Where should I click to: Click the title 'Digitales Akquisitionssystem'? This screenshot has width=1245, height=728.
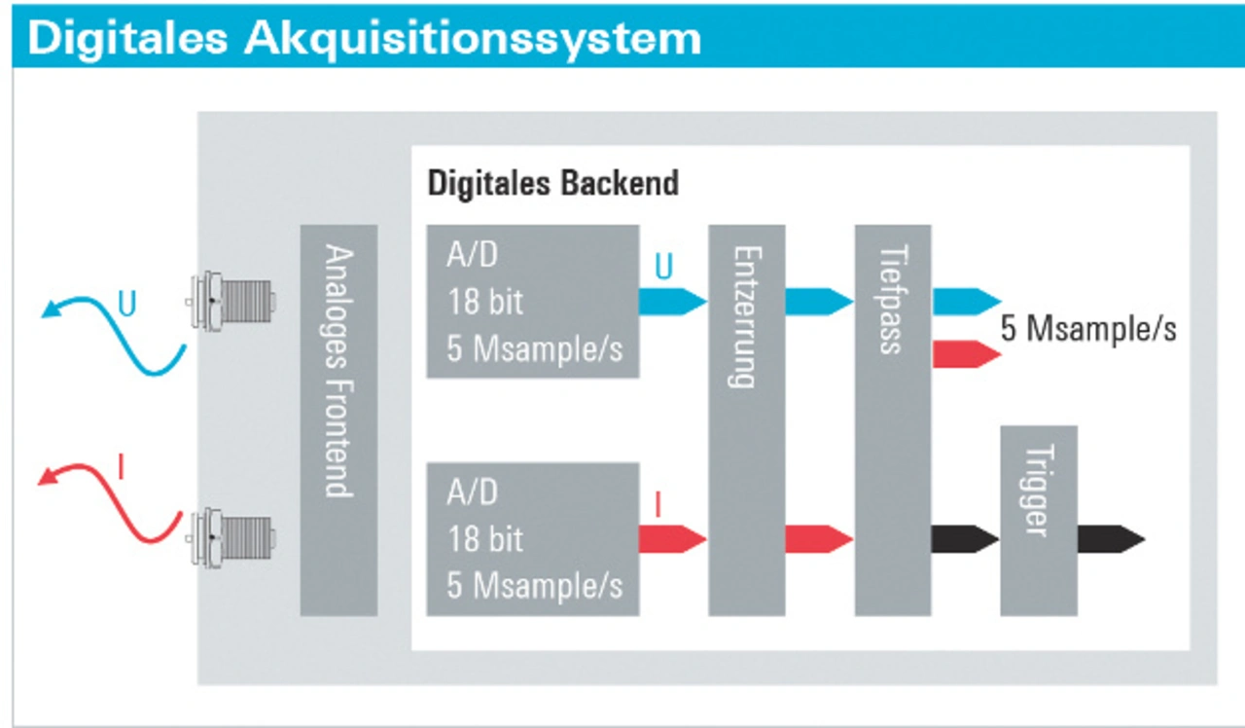click(x=364, y=38)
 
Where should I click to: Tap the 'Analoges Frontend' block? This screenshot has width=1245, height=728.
click(x=339, y=419)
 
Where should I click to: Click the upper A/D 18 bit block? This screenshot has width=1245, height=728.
click(x=533, y=302)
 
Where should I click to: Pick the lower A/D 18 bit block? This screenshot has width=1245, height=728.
click(x=533, y=539)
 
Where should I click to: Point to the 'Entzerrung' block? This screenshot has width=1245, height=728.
click(x=746, y=419)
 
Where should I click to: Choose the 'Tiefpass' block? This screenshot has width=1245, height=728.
click(x=893, y=419)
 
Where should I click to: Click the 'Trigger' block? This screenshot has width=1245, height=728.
click(x=1039, y=521)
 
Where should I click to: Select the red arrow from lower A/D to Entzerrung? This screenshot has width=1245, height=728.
click(x=673, y=539)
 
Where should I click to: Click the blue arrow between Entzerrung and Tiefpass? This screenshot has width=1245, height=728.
click(x=820, y=302)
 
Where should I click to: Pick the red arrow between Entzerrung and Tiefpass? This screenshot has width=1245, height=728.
click(x=820, y=539)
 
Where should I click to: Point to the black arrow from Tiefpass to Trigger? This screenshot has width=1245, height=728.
click(x=966, y=539)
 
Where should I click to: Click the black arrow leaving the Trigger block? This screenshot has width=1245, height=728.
click(x=1112, y=539)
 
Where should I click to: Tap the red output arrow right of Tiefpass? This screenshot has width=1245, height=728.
click(x=967, y=354)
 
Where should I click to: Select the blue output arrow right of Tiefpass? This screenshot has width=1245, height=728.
click(x=967, y=302)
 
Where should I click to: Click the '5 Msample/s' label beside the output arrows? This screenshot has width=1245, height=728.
click(x=1088, y=329)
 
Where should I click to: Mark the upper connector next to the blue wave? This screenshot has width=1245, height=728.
click(x=231, y=301)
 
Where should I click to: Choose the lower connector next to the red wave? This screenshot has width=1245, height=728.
click(x=231, y=537)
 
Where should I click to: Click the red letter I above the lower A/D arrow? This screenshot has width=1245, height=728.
click(x=658, y=504)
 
